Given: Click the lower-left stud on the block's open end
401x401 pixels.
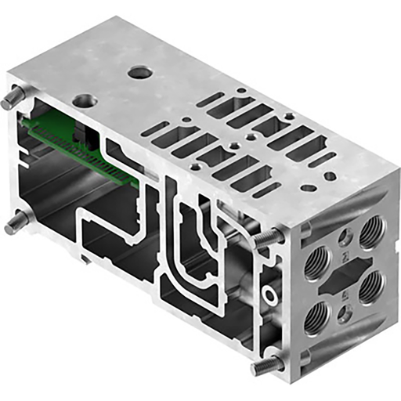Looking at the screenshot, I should tap(16, 225).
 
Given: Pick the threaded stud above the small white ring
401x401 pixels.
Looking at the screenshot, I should tap(269, 237).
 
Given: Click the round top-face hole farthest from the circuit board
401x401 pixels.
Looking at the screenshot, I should tap(141, 73).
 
